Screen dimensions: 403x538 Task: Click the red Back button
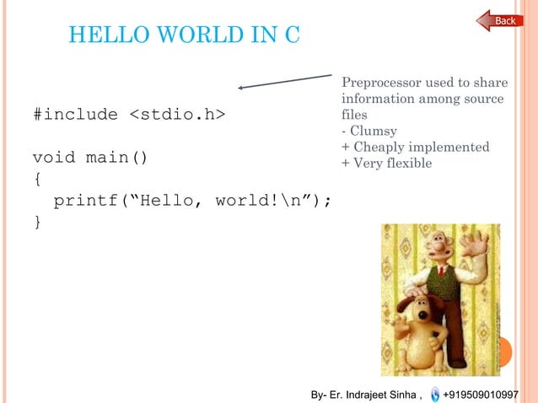point(500,20)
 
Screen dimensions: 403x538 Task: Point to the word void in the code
point(53,158)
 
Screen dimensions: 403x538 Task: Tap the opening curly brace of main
point(36,179)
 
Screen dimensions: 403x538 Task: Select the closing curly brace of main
point(36,222)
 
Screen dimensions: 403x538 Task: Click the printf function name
point(85,201)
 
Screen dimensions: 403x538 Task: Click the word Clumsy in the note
point(372,131)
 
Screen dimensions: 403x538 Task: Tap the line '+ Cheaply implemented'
point(415,147)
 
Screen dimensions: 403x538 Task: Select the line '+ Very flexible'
point(386,163)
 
